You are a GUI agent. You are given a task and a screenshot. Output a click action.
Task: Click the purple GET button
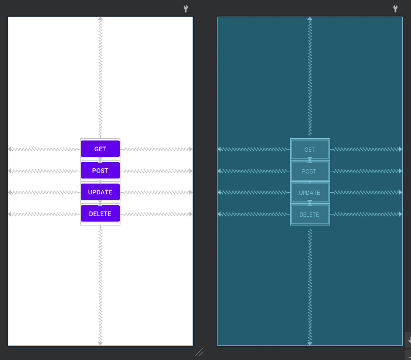pos(100,149)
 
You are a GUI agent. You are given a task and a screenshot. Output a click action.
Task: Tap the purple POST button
pos(100,170)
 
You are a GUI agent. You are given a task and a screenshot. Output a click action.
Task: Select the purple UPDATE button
pos(100,192)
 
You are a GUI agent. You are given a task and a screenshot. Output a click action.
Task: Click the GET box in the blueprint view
pos(310,150)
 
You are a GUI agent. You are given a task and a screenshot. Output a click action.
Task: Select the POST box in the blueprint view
pos(310,171)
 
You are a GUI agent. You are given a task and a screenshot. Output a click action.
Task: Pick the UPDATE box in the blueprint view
pos(310,193)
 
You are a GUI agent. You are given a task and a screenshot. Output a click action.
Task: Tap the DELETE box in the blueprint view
pos(310,215)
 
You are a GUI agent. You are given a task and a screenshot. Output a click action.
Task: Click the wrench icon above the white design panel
pos(186,9)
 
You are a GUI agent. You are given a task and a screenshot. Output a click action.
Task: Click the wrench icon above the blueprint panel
pos(395,9)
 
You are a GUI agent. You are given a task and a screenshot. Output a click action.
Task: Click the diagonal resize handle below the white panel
pos(199,352)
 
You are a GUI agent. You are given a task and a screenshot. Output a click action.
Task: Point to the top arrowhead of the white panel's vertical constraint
pos(100,19)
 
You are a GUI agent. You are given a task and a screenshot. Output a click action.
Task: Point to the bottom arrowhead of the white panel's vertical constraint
pos(100,343)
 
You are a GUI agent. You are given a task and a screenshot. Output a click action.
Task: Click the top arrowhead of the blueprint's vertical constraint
pos(310,19)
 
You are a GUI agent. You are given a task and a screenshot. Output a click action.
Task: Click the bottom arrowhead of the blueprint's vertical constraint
pos(310,343)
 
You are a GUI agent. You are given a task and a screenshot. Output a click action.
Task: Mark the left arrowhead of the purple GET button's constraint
pos(10,149)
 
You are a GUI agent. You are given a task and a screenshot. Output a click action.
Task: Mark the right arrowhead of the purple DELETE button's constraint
pos(191,214)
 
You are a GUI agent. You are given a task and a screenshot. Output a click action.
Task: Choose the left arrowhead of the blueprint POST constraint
pos(220,171)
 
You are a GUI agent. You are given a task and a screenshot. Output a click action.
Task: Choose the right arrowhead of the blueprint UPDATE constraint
pos(400,193)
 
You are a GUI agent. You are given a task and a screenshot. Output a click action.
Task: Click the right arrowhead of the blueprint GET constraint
pos(400,149)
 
